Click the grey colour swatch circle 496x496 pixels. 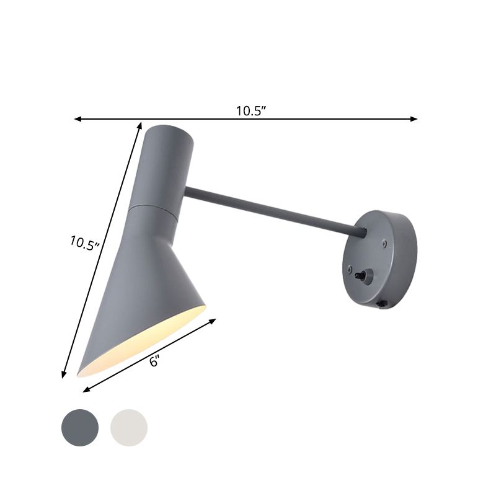click(x=80, y=426)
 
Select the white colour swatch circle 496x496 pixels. click(x=129, y=426)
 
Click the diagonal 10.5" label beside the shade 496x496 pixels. click(x=84, y=242)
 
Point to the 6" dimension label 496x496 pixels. click(x=155, y=361)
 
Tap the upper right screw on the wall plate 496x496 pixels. click(x=384, y=244)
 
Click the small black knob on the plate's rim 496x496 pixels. click(x=383, y=304)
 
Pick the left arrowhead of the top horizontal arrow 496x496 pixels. click(x=77, y=118)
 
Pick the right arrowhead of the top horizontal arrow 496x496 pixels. click(x=414, y=118)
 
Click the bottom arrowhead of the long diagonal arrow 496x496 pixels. click(x=63, y=374)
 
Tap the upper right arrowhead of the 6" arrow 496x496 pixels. click(x=213, y=321)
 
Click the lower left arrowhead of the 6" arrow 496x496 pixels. click(x=86, y=391)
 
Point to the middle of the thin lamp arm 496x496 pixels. click(x=273, y=211)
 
